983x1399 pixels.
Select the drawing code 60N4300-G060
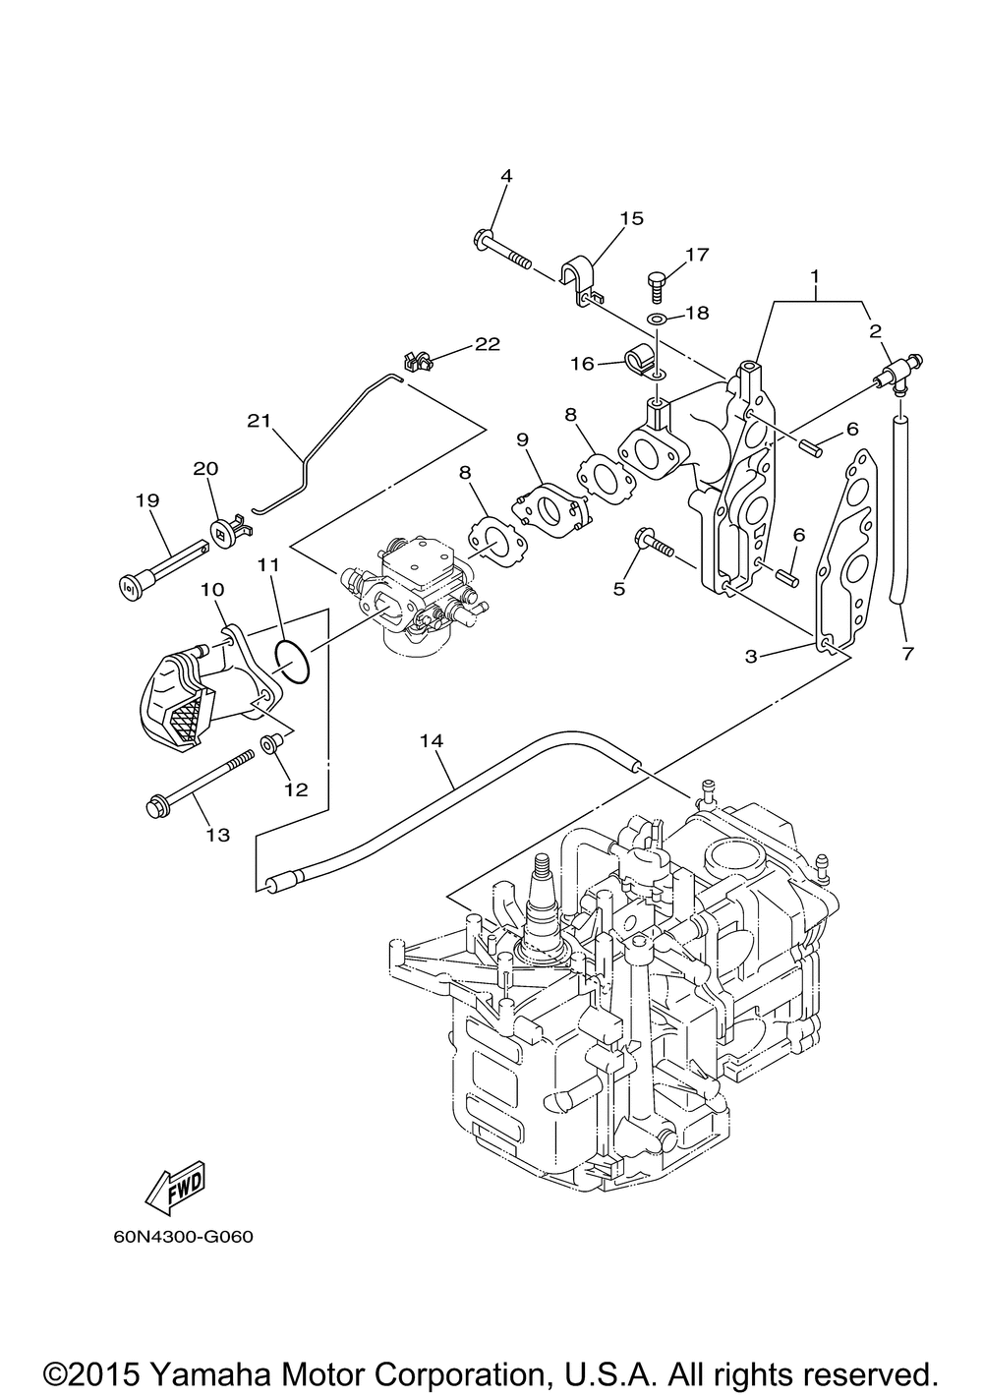pyautogui.click(x=184, y=1237)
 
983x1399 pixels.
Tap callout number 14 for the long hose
pyautogui.click(x=432, y=740)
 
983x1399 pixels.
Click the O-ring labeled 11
pyautogui.click(x=293, y=660)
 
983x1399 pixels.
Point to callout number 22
pyautogui.click(x=489, y=344)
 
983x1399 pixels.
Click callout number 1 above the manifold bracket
pyautogui.click(x=815, y=275)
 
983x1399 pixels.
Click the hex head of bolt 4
pyautogui.click(x=484, y=238)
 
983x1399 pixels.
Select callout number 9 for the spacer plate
pyautogui.click(x=523, y=439)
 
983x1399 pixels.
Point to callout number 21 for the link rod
pyautogui.click(x=260, y=421)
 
